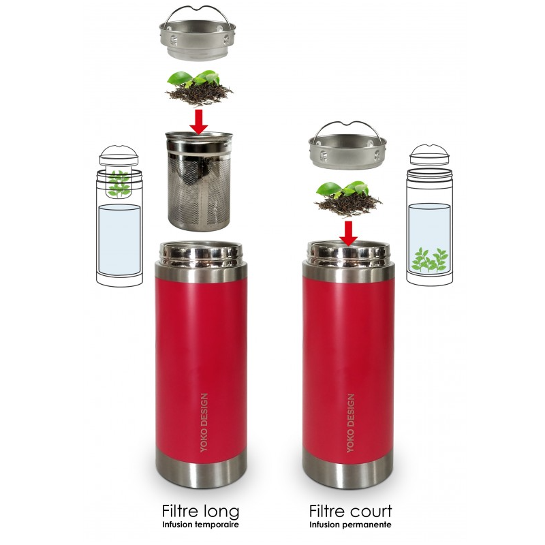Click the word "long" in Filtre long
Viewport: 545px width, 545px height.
[x=221, y=512]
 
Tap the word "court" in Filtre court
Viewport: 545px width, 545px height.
[x=371, y=511]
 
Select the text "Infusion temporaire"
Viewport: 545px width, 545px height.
[x=200, y=525]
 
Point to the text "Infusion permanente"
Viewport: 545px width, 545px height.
[x=350, y=525]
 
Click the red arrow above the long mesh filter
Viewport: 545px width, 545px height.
[x=199, y=122]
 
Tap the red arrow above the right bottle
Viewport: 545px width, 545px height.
[x=348, y=234]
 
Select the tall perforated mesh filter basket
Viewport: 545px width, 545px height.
[x=198, y=181]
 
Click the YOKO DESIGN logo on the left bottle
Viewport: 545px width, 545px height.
[x=204, y=422]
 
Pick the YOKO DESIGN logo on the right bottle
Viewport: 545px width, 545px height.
[x=351, y=423]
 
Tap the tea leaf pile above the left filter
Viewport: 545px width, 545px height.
[x=199, y=89]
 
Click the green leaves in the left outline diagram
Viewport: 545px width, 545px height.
[x=119, y=183]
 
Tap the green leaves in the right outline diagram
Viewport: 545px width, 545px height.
[x=430, y=260]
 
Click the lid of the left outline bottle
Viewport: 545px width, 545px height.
[x=119, y=155]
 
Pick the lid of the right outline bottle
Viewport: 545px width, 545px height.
[x=430, y=155]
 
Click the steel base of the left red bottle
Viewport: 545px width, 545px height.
[x=201, y=468]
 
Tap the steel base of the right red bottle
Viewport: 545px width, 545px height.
[x=348, y=468]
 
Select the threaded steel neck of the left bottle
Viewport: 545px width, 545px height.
[x=200, y=253]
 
